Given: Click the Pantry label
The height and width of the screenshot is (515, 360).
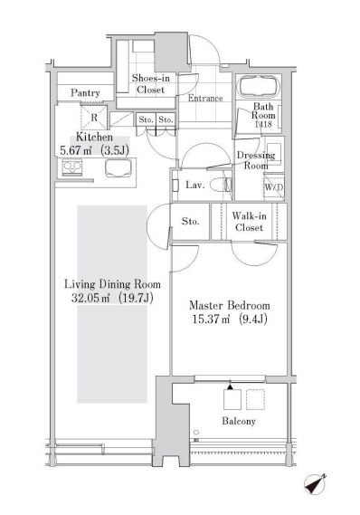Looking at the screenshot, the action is coord(85,93).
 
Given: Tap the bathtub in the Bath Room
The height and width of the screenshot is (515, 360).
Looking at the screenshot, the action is coord(260,87).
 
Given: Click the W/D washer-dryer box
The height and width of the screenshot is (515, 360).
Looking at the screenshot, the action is coord(274,187).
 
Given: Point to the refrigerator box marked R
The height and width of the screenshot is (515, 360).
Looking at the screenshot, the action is coord(94,118).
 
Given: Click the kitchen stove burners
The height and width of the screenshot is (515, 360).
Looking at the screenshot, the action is coord(72,167).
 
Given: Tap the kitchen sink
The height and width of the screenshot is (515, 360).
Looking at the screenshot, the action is coord(119,168).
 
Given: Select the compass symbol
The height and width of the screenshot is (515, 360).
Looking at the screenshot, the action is coord(315,484).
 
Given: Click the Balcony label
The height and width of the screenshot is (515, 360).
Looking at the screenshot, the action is coord(239,421).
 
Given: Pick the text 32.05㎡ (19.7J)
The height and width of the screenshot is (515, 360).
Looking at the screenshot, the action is coord(112,298).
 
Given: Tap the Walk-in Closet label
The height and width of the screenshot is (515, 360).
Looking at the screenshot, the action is coord(249,222).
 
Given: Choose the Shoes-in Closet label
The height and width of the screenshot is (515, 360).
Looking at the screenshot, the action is coord(151,84).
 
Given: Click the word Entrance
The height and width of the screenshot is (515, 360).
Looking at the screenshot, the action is coord(205,98).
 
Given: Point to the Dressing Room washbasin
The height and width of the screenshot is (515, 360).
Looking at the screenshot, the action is coord(274,153).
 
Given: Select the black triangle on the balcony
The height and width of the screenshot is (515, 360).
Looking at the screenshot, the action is coord(230,386).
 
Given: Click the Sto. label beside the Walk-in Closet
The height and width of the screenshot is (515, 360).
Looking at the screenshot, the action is coord(190,222).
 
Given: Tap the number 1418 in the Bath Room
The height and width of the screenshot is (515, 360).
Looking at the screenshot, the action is coord(263,124).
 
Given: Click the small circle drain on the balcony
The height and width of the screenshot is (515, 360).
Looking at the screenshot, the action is coord(196,433).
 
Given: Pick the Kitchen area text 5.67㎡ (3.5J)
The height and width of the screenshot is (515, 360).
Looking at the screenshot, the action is coord(94,151).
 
